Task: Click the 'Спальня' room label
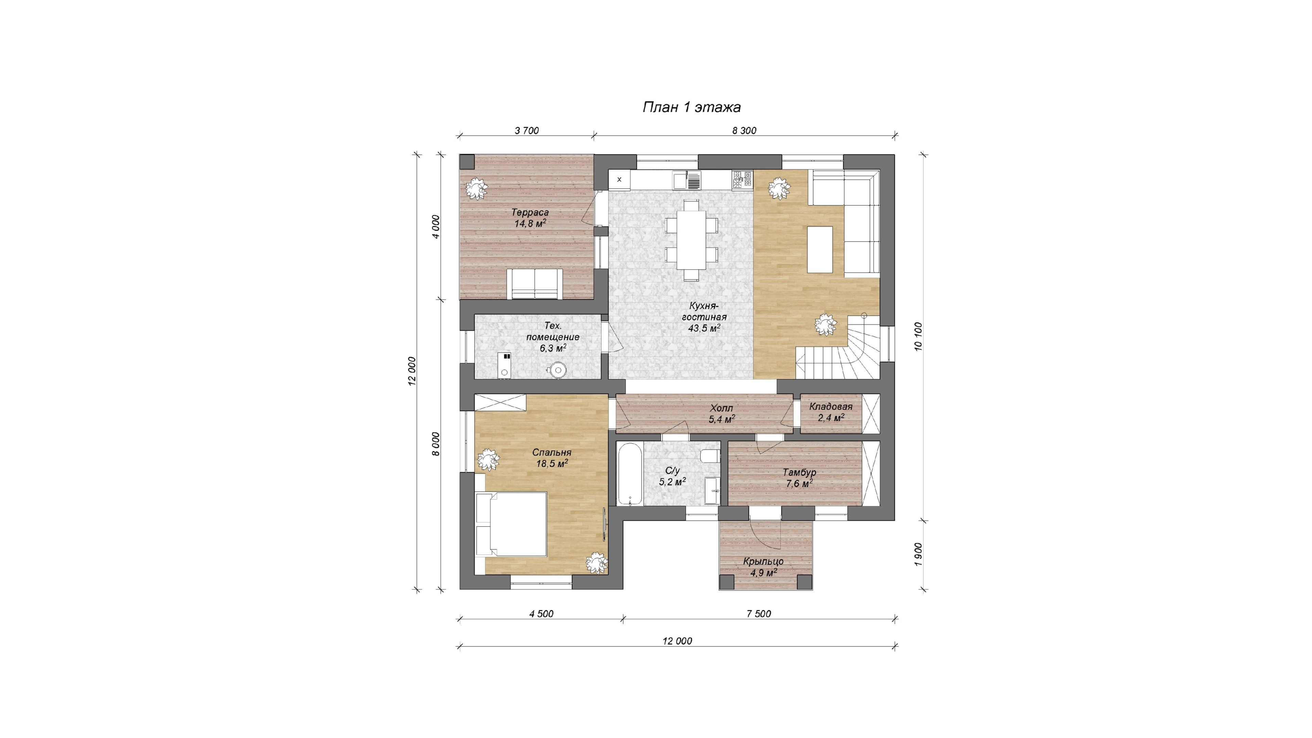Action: (x=551, y=452)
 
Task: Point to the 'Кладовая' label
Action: (x=831, y=407)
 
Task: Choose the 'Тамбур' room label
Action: (x=799, y=472)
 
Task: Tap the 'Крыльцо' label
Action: (x=763, y=561)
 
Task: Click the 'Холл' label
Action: (x=721, y=409)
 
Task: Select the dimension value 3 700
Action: (x=527, y=131)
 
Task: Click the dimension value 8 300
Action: (x=744, y=131)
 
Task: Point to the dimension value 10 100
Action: (x=918, y=336)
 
